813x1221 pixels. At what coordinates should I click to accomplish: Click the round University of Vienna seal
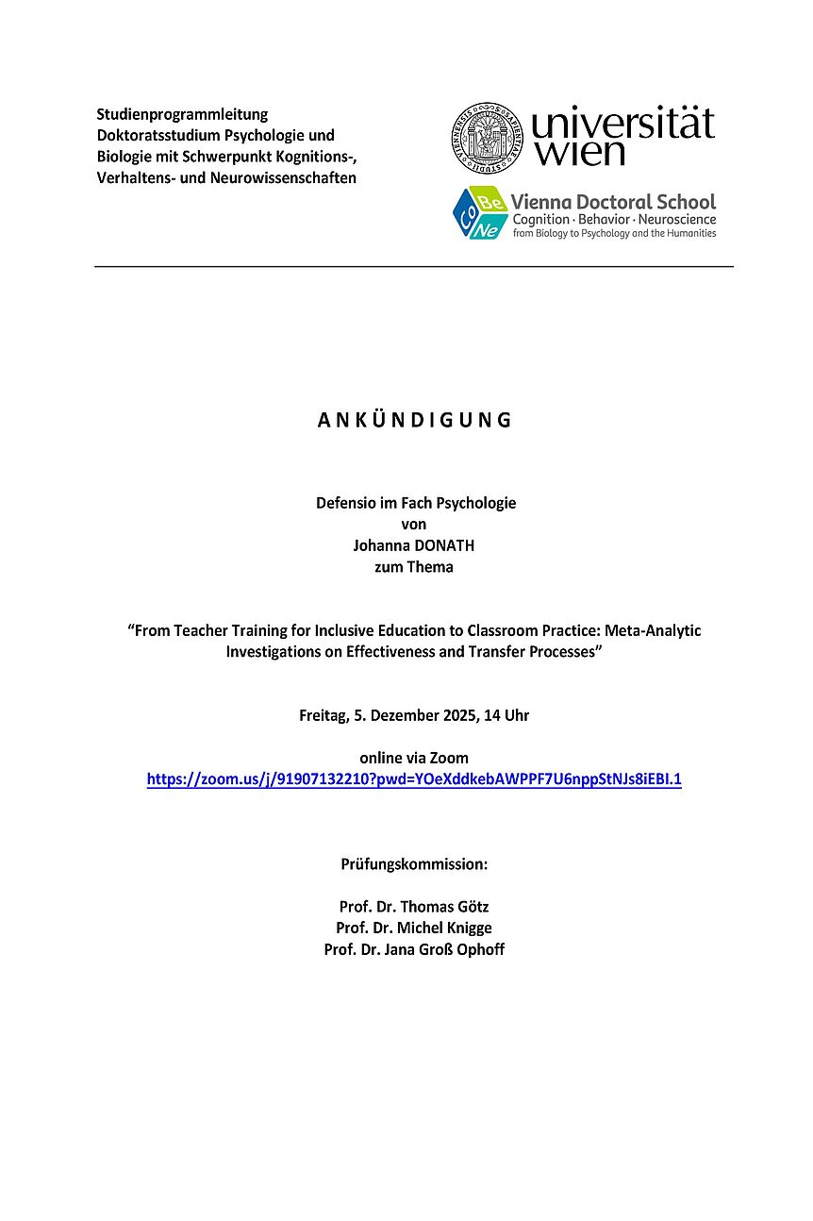click(x=488, y=137)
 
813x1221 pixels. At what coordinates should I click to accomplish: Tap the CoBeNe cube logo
click(x=479, y=212)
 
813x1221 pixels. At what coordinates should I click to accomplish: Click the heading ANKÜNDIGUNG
click(x=414, y=421)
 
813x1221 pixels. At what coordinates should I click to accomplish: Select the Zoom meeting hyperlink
click(x=414, y=779)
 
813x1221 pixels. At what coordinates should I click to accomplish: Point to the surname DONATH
click(x=443, y=545)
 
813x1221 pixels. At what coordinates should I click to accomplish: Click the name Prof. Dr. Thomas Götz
click(x=414, y=907)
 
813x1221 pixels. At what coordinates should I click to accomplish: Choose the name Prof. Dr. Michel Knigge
click(x=414, y=928)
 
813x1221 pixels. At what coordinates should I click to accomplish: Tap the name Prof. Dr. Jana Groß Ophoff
click(x=414, y=949)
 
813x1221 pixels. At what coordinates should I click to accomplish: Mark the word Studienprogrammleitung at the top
click(x=182, y=114)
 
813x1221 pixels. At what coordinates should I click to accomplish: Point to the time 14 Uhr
click(x=506, y=715)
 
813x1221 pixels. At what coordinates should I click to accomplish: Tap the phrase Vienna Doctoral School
click(x=613, y=201)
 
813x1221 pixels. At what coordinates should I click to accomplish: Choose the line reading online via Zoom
click(x=414, y=758)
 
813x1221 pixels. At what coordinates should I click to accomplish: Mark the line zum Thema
click(x=414, y=567)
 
